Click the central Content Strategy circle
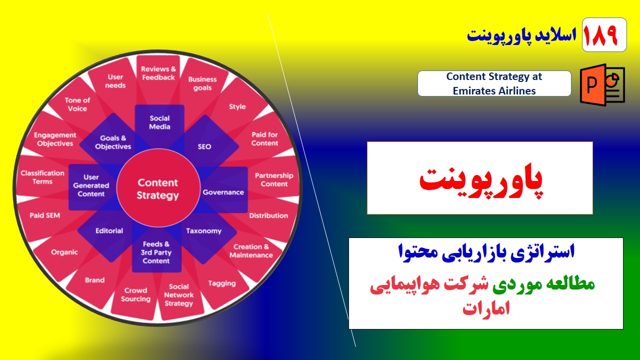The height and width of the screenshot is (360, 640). tap(157, 189)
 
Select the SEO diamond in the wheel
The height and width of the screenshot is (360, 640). tap(204, 146)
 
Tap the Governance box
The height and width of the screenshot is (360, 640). tap(223, 192)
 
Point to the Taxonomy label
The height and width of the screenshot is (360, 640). tap(203, 231)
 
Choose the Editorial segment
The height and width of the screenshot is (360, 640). tap(109, 231)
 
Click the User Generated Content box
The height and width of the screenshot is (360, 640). tap(91, 185)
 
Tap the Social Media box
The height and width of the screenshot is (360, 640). tap(159, 122)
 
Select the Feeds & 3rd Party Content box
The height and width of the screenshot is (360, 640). tap(156, 252)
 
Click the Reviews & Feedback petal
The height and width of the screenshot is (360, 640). tap(158, 73)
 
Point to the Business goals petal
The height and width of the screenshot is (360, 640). tap(202, 83)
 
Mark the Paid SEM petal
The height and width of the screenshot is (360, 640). tap(44, 215)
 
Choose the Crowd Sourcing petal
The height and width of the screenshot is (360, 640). tap(135, 294)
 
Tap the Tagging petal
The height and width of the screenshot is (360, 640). tap(221, 283)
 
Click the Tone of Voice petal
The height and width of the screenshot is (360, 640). tap(77, 104)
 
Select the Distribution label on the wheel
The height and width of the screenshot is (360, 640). tap(268, 215)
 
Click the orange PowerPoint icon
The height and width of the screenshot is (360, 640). tap(602, 84)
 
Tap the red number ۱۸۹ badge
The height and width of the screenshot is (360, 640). tap(604, 35)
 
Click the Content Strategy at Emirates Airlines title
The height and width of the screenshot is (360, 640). tap(494, 83)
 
